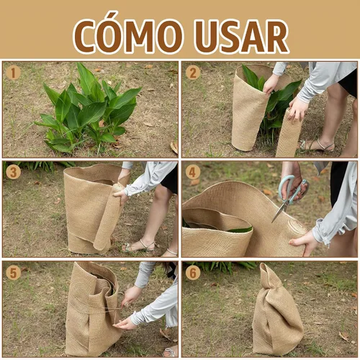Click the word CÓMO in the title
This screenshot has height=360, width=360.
click(128, 35)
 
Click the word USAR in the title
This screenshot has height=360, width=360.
click(241, 36)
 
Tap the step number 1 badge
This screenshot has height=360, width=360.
click(13, 73)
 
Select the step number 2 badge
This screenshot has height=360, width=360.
click(193, 73)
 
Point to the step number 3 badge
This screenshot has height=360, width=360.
click(13, 172)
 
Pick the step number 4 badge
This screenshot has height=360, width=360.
click(193, 172)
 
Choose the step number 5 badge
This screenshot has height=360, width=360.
click(13, 273)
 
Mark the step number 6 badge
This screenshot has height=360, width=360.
click(193, 273)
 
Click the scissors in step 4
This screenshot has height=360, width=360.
click(290, 197)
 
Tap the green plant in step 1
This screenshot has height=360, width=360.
click(88, 109)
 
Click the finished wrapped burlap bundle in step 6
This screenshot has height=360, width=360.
click(277, 312)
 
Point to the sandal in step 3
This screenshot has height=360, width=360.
click(138, 246)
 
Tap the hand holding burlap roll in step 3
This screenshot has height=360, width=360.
click(120, 195)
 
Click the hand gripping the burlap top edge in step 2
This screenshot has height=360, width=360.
click(271, 84)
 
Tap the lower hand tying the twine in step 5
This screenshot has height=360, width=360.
click(125, 323)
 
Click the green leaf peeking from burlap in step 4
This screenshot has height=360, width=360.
click(240, 230)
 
